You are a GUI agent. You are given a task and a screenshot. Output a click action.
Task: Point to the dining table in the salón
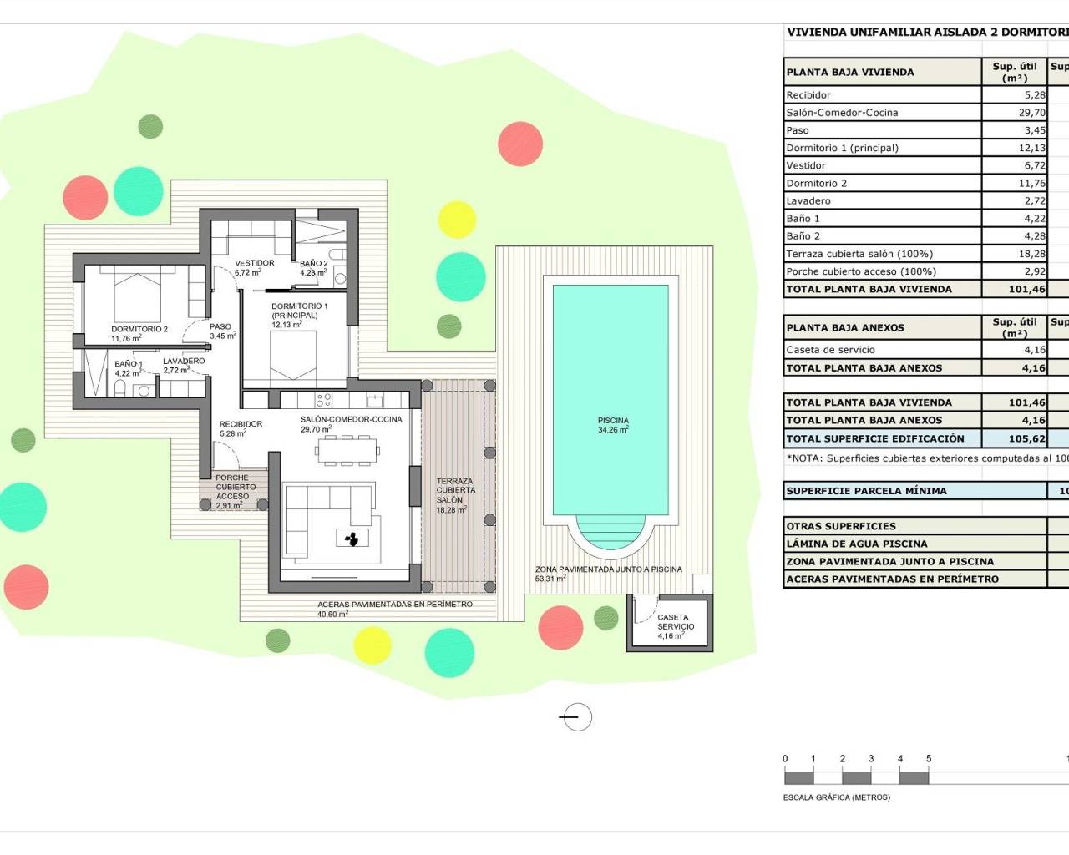point(347,453)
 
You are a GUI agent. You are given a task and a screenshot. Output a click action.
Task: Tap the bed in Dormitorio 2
point(137,289)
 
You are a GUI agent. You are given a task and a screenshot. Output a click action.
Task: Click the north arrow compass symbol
point(576,716)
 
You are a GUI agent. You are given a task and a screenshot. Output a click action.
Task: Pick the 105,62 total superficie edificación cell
point(1026,438)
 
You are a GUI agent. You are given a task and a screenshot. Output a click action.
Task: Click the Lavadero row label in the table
point(808,201)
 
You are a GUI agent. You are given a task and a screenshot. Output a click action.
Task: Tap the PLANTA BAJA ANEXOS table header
point(845,328)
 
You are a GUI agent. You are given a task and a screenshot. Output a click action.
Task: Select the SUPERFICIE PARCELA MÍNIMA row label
point(866,491)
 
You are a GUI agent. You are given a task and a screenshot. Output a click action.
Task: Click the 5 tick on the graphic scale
point(929,759)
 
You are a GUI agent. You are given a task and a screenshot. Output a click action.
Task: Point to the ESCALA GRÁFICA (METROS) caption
point(837,797)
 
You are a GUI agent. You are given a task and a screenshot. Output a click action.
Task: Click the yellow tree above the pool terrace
point(457,220)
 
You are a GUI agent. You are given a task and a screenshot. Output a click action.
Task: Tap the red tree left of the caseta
point(560,626)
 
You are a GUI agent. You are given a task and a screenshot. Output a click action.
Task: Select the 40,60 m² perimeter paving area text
point(332,615)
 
